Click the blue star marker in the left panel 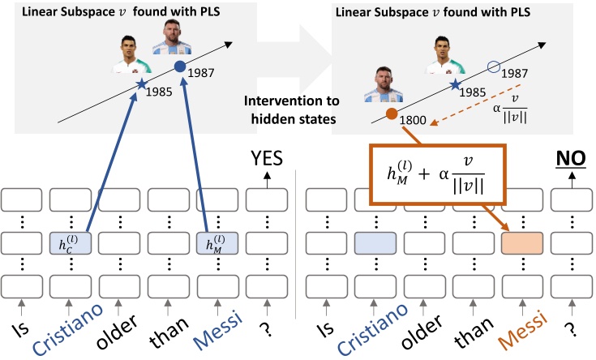[x=143, y=84]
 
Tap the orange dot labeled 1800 [x=392, y=114]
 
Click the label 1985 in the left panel [x=159, y=92]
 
